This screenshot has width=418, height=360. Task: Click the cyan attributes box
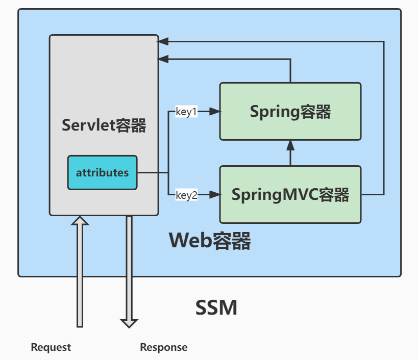point(102,172)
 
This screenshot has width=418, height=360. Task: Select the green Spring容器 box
point(290,112)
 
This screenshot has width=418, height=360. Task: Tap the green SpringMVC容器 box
point(290,194)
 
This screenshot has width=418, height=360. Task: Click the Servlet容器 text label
point(104,125)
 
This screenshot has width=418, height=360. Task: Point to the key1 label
point(186,112)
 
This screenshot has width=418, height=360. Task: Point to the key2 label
point(186,195)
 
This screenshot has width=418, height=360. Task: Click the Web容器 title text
point(210,240)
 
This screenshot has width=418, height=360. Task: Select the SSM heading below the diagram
point(216,307)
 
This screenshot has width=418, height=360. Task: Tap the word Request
point(51,347)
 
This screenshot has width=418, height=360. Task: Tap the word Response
point(163,347)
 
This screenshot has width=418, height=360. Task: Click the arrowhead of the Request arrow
point(80,220)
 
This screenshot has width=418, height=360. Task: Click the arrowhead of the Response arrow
point(129,323)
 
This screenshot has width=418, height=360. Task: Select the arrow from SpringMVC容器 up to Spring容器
point(290,153)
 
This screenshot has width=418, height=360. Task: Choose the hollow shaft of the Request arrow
point(80,275)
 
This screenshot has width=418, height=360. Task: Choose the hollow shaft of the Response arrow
point(129,265)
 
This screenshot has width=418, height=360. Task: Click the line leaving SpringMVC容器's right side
point(373,195)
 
